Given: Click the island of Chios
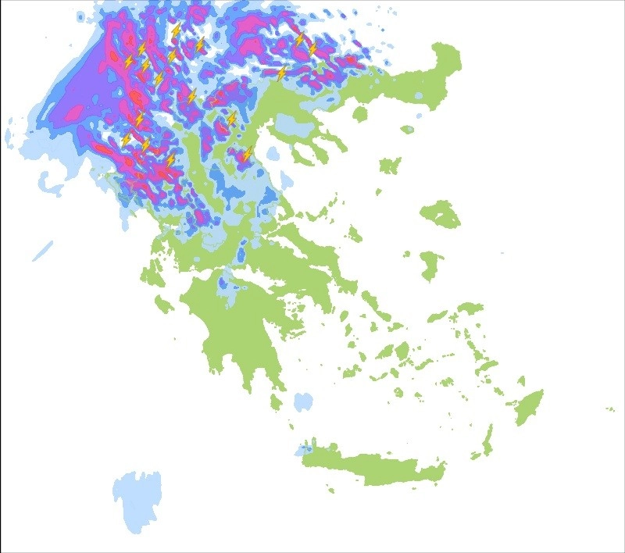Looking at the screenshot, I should pyautogui.click(x=429, y=264).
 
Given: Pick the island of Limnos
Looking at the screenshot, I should pyautogui.click(x=389, y=166).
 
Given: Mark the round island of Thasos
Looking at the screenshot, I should pyautogui.click(x=360, y=114).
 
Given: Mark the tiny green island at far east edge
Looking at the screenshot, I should pyautogui.click(x=610, y=409).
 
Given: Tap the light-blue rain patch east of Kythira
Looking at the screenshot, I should pyautogui.click(x=302, y=402).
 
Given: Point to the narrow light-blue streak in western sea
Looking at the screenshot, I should pyautogui.click(x=43, y=251).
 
